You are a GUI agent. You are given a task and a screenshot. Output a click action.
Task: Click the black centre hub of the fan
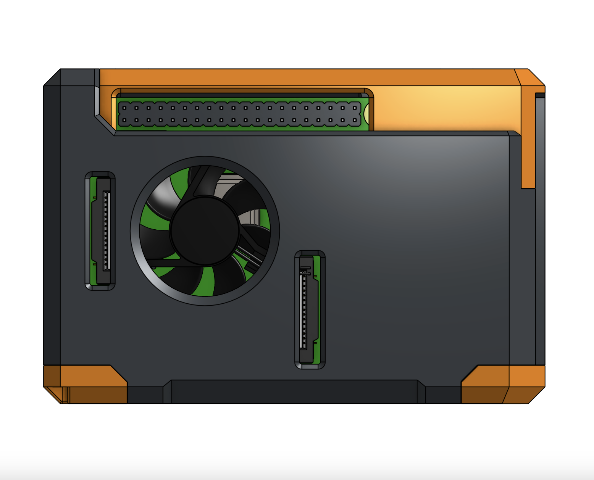(x=205, y=231)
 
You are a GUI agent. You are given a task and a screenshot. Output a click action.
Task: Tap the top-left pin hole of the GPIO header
(x=124, y=108)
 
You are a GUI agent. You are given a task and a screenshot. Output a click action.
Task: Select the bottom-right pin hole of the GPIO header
(x=355, y=120)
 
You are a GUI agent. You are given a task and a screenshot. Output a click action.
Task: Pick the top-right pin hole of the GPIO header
(x=355, y=108)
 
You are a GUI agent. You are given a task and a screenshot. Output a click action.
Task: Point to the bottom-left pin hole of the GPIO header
(x=124, y=120)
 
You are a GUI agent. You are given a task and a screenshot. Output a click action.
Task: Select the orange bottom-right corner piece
(x=504, y=383)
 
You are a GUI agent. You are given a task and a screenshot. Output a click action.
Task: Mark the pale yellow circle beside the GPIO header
(x=366, y=114)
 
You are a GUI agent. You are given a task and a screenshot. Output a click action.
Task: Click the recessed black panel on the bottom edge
(x=294, y=391)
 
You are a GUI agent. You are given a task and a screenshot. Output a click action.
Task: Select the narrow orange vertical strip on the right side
(x=528, y=153)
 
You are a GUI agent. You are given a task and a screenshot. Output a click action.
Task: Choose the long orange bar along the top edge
(x=305, y=77)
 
